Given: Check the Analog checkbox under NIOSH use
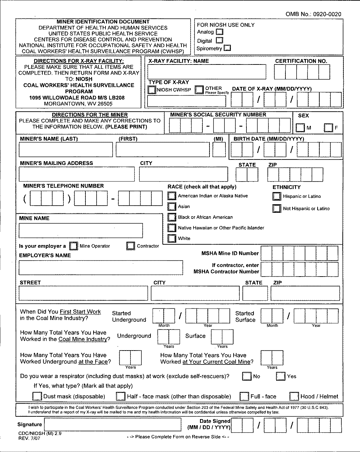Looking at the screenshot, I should click(x=220, y=32).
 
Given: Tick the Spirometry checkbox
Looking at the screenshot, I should click(x=227, y=48).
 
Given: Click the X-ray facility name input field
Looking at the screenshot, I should click(x=207, y=72).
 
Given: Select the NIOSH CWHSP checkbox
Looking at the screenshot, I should click(x=152, y=90).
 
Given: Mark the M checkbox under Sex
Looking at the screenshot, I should click(x=300, y=128).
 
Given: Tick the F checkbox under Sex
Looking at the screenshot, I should click(x=328, y=128).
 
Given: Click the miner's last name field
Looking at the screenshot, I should click(x=66, y=150).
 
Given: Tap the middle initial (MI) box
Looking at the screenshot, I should click(x=219, y=150).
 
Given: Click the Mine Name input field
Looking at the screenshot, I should click(x=81, y=230).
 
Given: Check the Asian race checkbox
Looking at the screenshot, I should click(x=172, y=206).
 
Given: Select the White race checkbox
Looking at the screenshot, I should click(x=172, y=238).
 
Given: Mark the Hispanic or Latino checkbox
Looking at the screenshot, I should click(x=277, y=196).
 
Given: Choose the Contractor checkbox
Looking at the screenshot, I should click(x=131, y=246).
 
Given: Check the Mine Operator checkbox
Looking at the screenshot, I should click(x=73, y=246).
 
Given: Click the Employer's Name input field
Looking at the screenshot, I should click(x=101, y=267).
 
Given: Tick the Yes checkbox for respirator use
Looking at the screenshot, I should click(x=281, y=376).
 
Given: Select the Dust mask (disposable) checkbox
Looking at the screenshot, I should click(x=37, y=396).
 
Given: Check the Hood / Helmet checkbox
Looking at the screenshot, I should click(x=295, y=396).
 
